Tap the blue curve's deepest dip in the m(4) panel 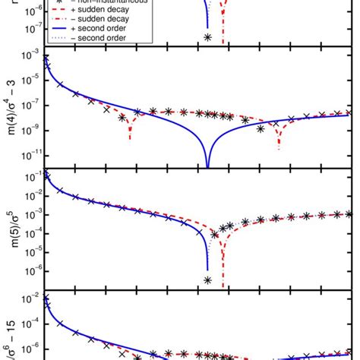click(207, 165)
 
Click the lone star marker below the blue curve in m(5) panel click(207, 280)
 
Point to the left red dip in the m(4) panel click(131, 139)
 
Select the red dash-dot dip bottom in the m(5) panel click(223, 285)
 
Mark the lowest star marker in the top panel click(207, 37)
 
